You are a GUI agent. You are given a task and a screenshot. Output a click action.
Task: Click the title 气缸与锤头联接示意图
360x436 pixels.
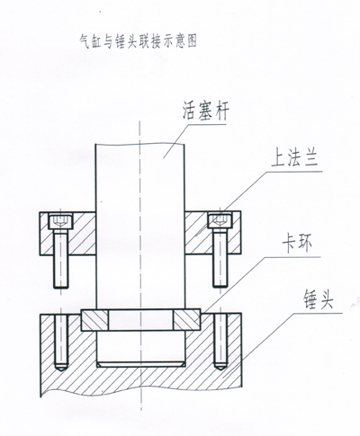138,41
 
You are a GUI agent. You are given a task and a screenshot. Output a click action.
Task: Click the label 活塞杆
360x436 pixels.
206,112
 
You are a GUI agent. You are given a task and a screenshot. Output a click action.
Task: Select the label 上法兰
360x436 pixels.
294,158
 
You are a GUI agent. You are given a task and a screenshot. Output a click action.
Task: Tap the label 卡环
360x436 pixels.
297,245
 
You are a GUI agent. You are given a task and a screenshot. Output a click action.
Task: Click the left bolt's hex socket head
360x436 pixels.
61,221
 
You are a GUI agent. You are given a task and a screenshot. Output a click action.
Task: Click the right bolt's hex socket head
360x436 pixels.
220,221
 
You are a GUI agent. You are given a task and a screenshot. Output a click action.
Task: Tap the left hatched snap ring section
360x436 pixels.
94,320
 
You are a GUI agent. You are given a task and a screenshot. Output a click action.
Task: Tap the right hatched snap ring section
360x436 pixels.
187,320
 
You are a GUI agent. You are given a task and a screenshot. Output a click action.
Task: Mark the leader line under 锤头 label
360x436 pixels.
292,314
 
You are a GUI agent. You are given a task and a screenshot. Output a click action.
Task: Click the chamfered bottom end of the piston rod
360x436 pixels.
140,364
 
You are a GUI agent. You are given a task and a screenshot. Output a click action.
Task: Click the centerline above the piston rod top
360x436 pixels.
139,132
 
